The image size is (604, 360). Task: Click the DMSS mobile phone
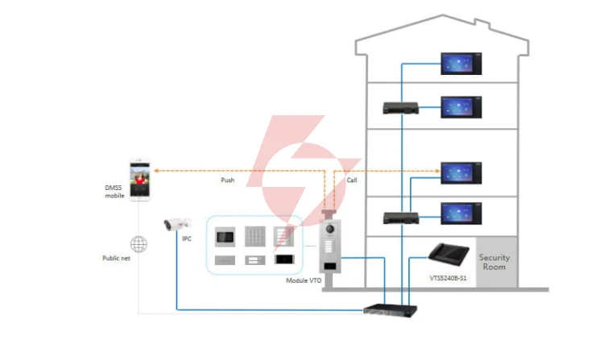[x=139, y=180]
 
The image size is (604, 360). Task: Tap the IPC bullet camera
[x=177, y=224]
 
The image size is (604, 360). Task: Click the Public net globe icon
[x=139, y=244]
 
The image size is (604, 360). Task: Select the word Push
[x=228, y=180]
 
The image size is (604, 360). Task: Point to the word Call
[x=352, y=180]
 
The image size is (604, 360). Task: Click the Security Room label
[x=494, y=262]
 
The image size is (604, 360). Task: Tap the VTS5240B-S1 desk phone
[x=449, y=254]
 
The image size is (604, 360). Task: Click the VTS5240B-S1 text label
[x=448, y=278]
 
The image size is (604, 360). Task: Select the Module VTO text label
[x=304, y=280]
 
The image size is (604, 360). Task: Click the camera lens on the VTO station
[x=329, y=229]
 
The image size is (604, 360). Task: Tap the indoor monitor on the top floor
[x=461, y=64]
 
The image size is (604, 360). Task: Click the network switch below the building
[x=391, y=310]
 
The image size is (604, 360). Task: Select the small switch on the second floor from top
[x=400, y=108]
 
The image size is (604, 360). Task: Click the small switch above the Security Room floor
[x=401, y=218]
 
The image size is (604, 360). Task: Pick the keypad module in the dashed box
[x=255, y=236]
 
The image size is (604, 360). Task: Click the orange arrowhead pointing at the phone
[x=157, y=171]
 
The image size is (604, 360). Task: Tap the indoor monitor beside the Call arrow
[x=461, y=173]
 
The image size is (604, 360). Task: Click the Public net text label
[x=116, y=258]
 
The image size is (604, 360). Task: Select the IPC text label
[x=187, y=238]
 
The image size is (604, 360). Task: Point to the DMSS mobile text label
[x=114, y=192]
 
